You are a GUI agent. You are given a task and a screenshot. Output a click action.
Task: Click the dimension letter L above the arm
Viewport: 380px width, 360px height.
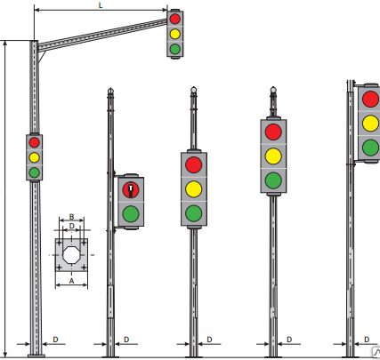pyautogui.click(x=101, y=5)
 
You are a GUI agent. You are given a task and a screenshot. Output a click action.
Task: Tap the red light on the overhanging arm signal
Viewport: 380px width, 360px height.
pyautogui.click(x=175, y=19)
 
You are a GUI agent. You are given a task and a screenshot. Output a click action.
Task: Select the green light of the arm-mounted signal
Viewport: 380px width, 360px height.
pyautogui.click(x=175, y=49)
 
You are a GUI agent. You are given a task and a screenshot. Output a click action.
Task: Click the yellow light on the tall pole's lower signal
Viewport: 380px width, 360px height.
pyautogui.click(x=34, y=157)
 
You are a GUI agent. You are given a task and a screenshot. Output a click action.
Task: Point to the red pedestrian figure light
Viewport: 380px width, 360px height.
pyautogui.click(x=131, y=190)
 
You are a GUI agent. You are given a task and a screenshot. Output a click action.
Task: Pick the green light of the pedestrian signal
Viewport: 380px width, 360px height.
pyautogui.click(x=131, y=214)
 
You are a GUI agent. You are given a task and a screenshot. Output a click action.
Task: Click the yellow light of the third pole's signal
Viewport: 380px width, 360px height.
pyautogui.click(x=194, y=189)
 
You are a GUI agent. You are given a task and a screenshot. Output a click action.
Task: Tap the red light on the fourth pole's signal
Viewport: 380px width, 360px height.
pyautogui.click(x=273, y=132)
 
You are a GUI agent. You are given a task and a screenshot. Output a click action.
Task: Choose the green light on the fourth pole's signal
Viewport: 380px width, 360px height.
pyautogui.click(x=273, y=180)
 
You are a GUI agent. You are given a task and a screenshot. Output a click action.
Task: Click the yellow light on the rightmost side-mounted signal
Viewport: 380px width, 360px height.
pyautogui.click(x=370, y=124)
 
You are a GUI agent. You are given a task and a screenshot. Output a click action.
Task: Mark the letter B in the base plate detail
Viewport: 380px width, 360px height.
pyautogui.click(x=71, y=217)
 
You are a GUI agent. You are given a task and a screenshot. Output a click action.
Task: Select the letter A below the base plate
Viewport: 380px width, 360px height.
pyautogui.click(x=71, y=281)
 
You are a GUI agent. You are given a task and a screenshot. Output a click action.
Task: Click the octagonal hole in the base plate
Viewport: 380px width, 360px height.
pyautogui.click(x=71, y=255)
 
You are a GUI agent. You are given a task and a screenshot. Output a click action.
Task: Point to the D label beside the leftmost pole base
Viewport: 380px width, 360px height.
pyautogui.click(x=55, y=340)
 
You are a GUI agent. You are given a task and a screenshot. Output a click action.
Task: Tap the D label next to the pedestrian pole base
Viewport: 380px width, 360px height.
pyautogui.click(x=126, y=340)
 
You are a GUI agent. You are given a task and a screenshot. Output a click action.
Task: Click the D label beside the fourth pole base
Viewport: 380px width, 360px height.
pyautogui.click(x=289, y=340)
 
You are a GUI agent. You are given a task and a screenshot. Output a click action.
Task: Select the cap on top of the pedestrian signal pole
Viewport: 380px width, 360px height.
pyautogui.click(x=110, y=91)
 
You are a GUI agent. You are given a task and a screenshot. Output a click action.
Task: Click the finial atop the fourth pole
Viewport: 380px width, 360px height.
pyautogui.click(x=273, y=90)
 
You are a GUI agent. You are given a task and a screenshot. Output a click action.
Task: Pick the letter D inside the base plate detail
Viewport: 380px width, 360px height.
pyautogui.click(x=71, y=226)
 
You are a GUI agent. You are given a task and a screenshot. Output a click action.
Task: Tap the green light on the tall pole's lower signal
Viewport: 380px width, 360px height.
pyautogui.click(x=34, y=172)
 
